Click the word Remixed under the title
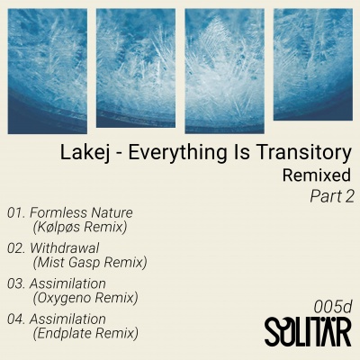pyautogui.click(x=317, y=175)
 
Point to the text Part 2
pyautogui.click(x=332, y=197)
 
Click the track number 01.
pyautogui.click(x=16, y=213)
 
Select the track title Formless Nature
pyautogui.click(x=81, y=213)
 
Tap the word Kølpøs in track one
pyautogui.click(x=58, y=227)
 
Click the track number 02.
pyautogui.click(x=16, y=248)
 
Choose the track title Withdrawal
pyautogui.click(x=65, y=248)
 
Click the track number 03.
pyautogui.click(x=16, y=283)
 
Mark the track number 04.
pyautogui.click(x=16, y=319)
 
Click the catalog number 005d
pyautogui.click(x=333, y=307)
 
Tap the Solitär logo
pyautogui.click(x=308, y=331)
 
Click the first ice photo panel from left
pyautogui.click(x=48, y=71)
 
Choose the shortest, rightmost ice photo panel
pyautogui.click(x=313, y=65)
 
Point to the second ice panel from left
pyautogui.click(x=136, y=68)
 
